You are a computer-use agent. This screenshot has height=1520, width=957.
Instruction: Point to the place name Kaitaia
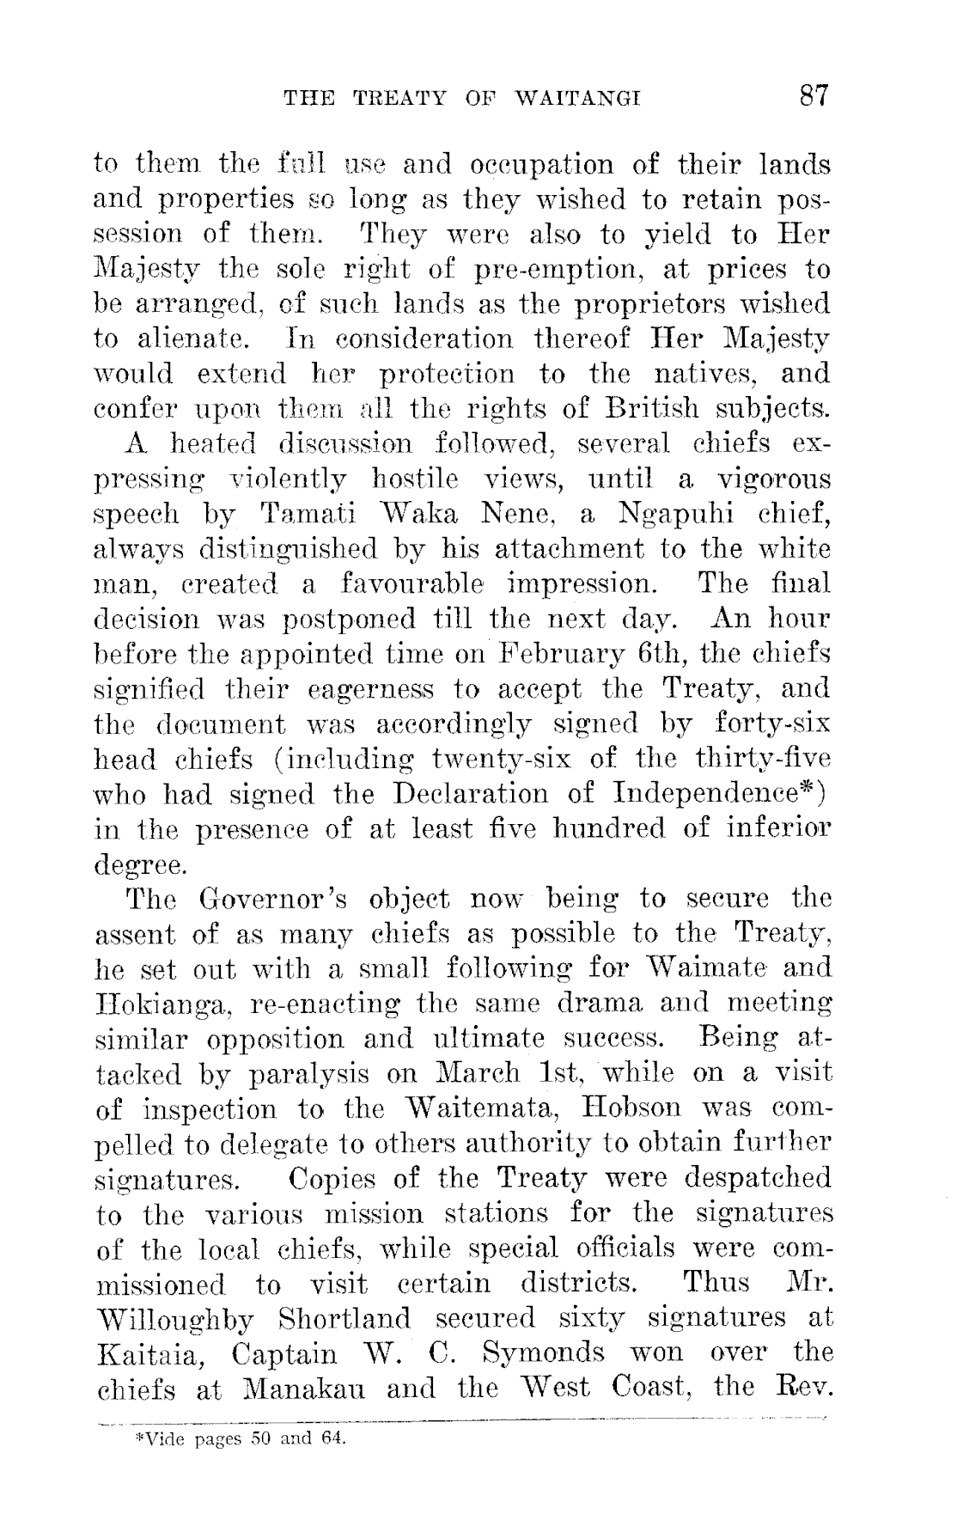point(152,1353)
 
